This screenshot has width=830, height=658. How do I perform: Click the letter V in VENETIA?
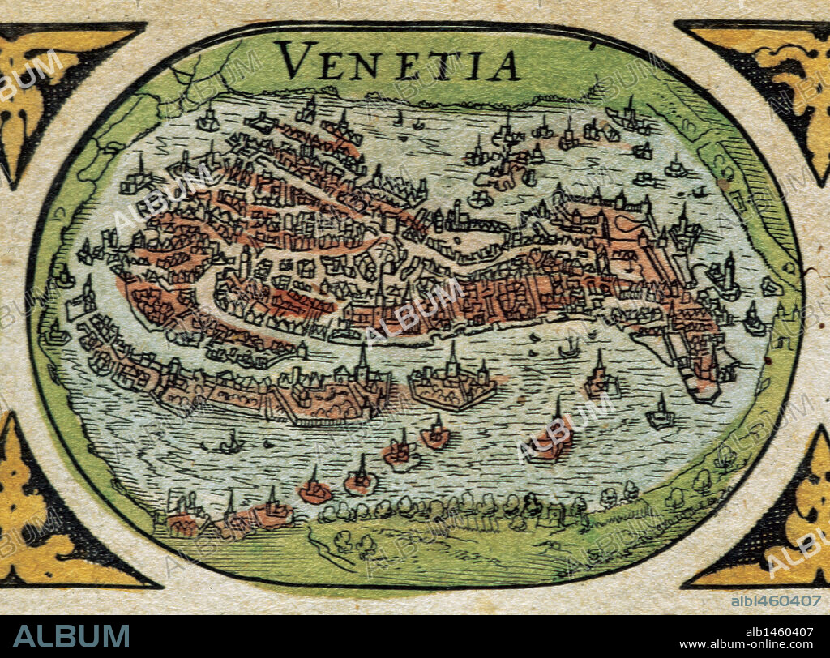tap(295, 62)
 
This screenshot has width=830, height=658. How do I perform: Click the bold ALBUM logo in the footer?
tap(71, 636)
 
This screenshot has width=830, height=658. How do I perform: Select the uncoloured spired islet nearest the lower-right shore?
tap(661, 415)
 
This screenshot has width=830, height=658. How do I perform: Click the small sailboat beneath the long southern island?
tap(232, 444)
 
